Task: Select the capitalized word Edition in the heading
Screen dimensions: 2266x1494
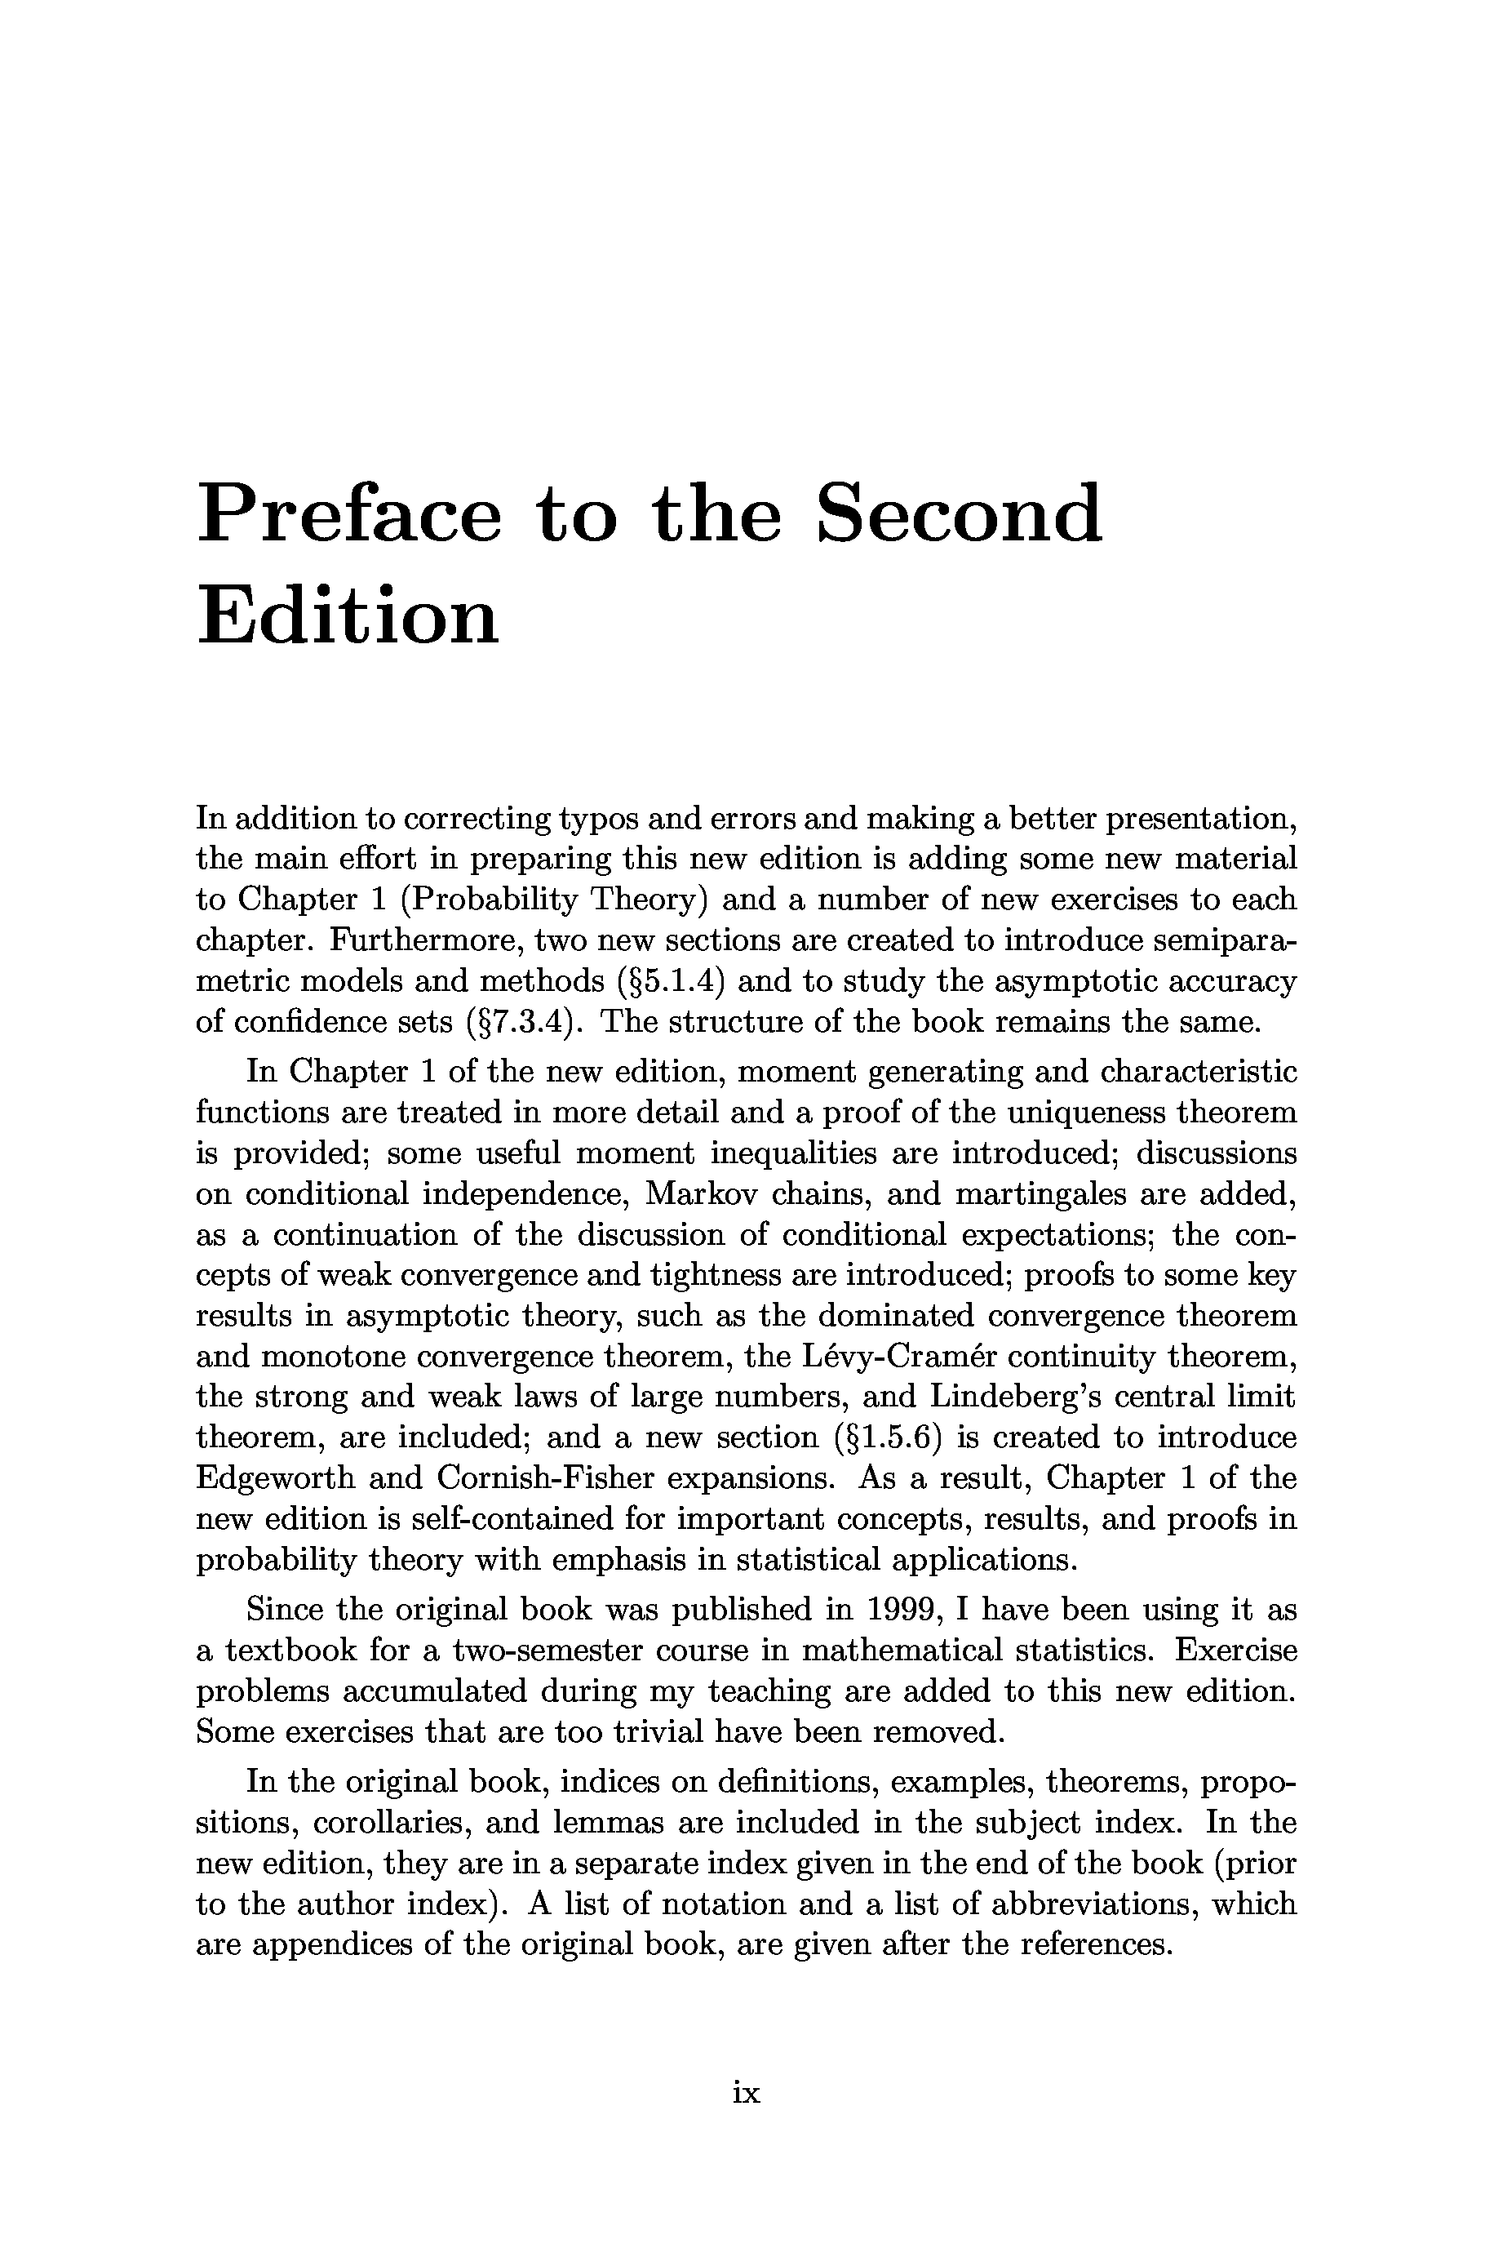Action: [348, 616]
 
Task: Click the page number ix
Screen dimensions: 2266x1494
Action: [746, 2093]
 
